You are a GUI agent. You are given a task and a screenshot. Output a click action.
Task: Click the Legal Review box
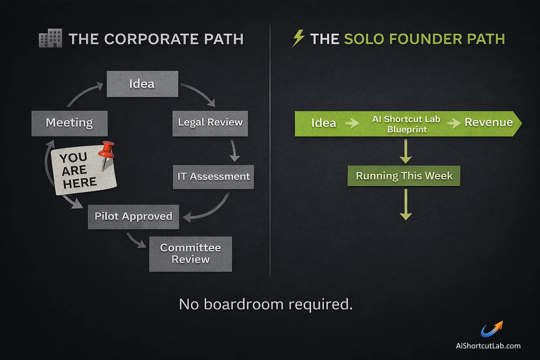[210, 123]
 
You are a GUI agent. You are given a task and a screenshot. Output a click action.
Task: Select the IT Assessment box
[213, 177]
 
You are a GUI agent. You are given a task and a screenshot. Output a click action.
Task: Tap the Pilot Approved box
[133, 217]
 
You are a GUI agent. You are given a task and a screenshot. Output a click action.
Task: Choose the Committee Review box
[191, 254]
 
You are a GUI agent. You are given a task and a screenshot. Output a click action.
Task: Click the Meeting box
[69, 123]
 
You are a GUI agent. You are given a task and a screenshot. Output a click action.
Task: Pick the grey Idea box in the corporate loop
[142, 84]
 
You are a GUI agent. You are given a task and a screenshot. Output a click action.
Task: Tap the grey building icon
[50, 38]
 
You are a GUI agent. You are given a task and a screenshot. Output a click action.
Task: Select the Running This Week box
[404, 176]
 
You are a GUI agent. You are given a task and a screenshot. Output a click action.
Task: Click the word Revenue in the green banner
[488, 123]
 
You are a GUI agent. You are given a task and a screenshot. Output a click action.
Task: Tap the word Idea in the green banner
[323, 123]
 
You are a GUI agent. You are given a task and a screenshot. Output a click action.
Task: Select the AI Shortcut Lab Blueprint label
[406, 124]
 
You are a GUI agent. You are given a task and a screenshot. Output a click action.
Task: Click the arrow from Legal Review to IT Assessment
[234, 151]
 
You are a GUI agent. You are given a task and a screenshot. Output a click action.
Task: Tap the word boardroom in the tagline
[243, 304]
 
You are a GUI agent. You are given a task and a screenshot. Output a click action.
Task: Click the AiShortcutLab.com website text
[488, 346]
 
